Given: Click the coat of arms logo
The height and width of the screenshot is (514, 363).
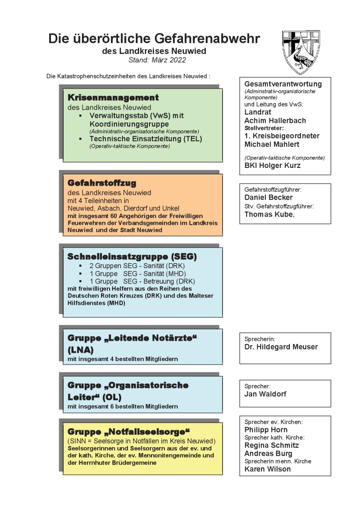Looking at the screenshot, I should [x=301, y=52].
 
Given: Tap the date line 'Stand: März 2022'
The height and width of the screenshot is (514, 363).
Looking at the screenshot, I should [x=157, y=60].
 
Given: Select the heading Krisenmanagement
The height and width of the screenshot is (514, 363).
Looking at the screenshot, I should [x=113, y=98].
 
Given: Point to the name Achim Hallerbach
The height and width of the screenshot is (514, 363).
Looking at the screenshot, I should [x=275, y=120].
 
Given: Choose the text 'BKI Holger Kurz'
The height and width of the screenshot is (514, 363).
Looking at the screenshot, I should [x=272, y=165].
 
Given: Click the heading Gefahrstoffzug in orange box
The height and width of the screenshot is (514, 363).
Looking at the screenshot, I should [x=102, y=183].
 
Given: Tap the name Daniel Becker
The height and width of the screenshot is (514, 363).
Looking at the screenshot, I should [x=268, y=197].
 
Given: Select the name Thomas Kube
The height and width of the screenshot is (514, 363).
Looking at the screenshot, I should [x=269, y=215].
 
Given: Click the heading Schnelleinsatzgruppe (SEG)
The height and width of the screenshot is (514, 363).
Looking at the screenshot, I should [x=132, y=257].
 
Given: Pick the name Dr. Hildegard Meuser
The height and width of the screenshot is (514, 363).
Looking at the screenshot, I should [x=281, y=347].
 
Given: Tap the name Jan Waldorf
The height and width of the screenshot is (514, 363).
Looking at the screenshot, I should [x=265, y=394].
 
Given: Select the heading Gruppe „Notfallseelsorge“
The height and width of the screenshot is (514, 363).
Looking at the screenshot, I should [x=128, y=431].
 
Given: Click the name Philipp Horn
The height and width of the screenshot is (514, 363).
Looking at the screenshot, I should [x=266, y=430].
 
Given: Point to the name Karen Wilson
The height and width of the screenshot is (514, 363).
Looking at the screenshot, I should [x=267, y=469].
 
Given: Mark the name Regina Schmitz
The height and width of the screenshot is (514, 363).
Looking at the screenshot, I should [x=271, y=445].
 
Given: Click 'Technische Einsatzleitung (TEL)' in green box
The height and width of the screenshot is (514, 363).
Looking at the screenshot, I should [x=146, y=139].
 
